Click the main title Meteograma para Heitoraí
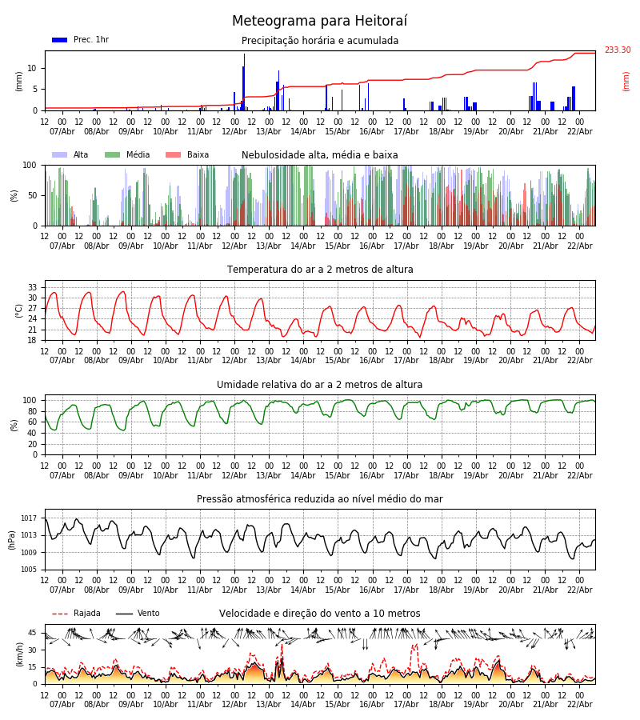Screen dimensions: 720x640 click(x=319, y=22)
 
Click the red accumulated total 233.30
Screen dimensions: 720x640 click(x=617, y=50)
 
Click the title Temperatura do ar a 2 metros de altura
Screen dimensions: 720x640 click(x=320, y=270)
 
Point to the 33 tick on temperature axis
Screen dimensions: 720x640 click(x=33, y=287)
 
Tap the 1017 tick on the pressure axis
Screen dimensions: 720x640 click(x=29, y=518)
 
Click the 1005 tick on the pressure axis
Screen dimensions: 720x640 click(x=29, y=570)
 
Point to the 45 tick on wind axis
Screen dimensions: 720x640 click(x=33, y=633)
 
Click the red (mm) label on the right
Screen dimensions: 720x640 click(x=626, y=81)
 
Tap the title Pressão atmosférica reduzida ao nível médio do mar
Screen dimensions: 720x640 click(x=320, y=499)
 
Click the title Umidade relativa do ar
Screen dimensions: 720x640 click(x=320, y=385)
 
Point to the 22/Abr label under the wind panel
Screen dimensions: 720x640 click(x=579, y=704)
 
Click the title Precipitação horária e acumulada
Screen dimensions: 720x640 click(x=320, y=41)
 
